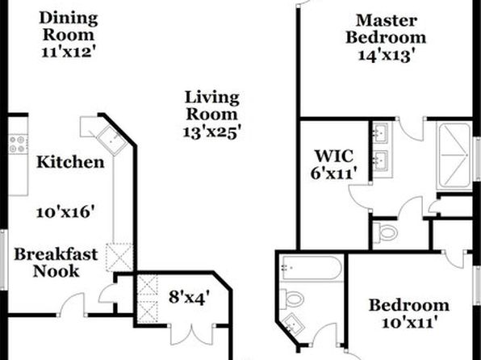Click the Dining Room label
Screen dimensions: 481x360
(69, 26)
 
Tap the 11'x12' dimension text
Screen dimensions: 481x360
(67, 52)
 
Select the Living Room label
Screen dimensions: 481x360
(212, 106)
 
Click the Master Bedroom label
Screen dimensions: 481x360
(386, 29)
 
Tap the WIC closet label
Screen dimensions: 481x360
(334, 156)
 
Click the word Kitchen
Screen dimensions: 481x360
(70, 162)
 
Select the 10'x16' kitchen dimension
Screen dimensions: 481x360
(65, 212)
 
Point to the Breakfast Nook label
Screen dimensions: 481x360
(56, 262)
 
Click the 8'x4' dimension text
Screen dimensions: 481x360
(190, 297)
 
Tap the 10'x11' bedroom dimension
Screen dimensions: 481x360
(409, 323)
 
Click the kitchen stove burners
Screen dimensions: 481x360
(17, 144)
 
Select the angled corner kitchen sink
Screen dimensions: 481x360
(111, 140)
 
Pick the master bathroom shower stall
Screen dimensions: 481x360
(454, 155)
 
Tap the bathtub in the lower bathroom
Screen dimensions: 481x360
(312, 268)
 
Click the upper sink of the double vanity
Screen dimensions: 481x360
(381, 132)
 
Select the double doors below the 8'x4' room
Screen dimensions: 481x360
(192, 334)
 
